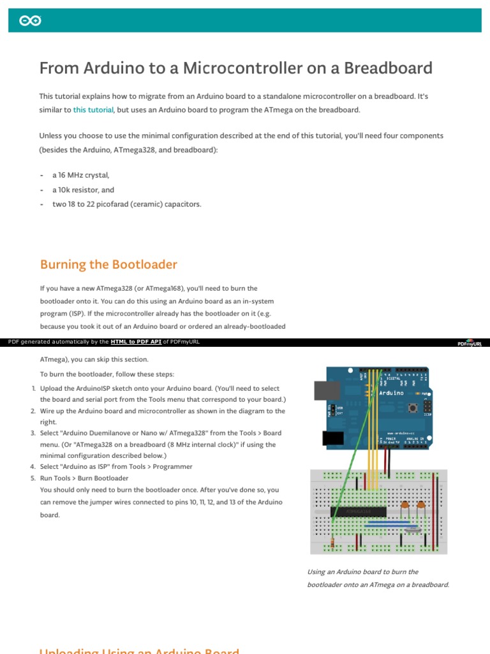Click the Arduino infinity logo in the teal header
click(x=31, y=21)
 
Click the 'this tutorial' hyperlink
click(x=93, y=110)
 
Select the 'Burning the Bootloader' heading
click(x=108, y=264)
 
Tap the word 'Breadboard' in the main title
click(x=392, y=68)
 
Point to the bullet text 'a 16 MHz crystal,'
click(x=81, y=175)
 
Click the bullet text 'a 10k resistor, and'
click(x=84, y=190)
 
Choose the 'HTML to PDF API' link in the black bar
click(x=136, y=342)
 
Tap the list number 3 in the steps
click(x=33, y=433)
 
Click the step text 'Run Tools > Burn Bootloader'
click(x=84, y=478)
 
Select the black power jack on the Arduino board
click(x=330, y=437)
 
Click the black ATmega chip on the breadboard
click(x=358, y=512)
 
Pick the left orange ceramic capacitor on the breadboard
click(x=405, y=506)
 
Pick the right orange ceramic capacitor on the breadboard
click(x=421, y=506)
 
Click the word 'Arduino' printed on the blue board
click(x=390, y=393)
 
